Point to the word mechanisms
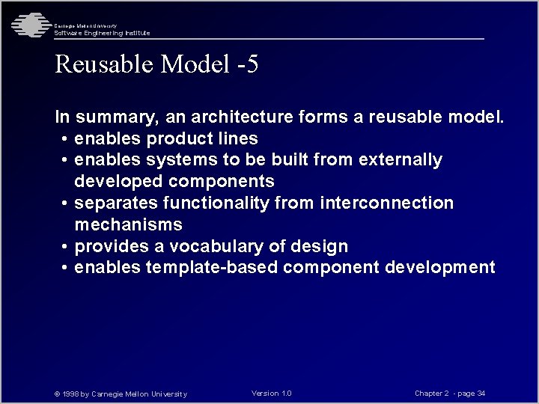[x=128, y=225]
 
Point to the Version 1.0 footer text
[x=272, y=394]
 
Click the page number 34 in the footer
[x=481, y=394]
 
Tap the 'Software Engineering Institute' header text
[x=102, y=33]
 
